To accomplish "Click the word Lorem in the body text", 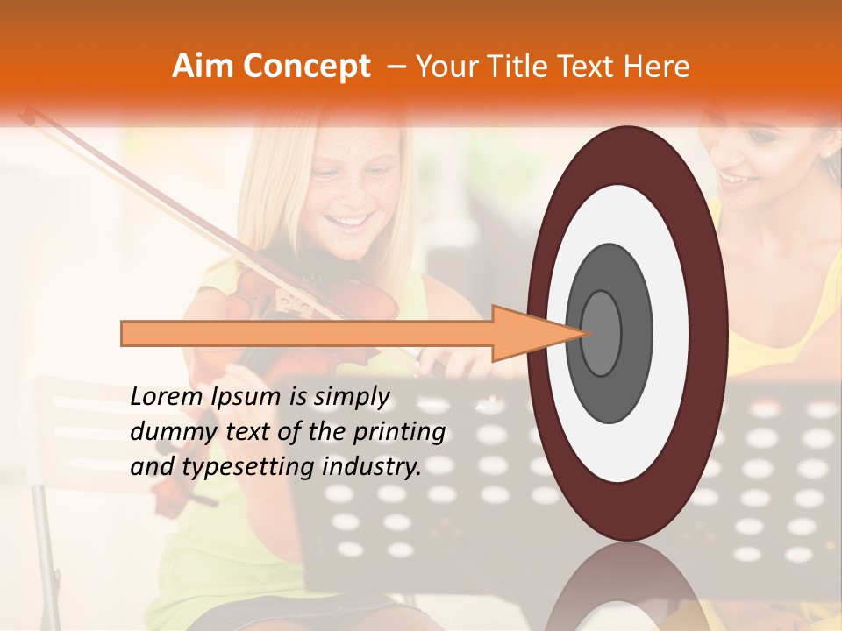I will pyautogui.click(x=167, y=397).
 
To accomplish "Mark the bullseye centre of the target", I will pyautogui.click(x=601, y=334).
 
